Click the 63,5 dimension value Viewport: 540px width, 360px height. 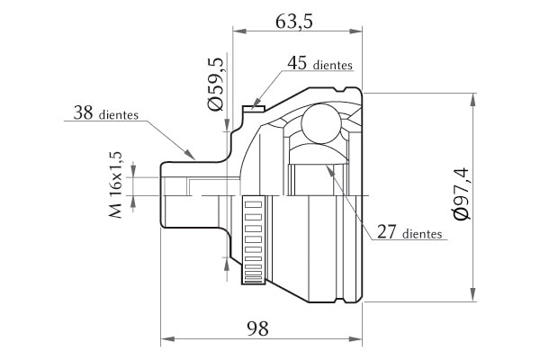click(294, 22)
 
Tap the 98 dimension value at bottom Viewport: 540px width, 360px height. click(257, 328)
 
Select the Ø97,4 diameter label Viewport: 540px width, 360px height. click(461, 193)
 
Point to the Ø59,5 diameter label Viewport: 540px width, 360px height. click(216, 85)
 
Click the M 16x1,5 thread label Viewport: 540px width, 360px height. click(116, 184)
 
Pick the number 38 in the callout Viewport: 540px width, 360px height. click(84, 112)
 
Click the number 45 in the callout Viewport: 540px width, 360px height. click(298, 63)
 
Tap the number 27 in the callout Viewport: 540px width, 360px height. click(387, 232)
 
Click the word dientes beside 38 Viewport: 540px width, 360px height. click(119, 114)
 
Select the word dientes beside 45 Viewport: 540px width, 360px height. click(333, 65)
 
